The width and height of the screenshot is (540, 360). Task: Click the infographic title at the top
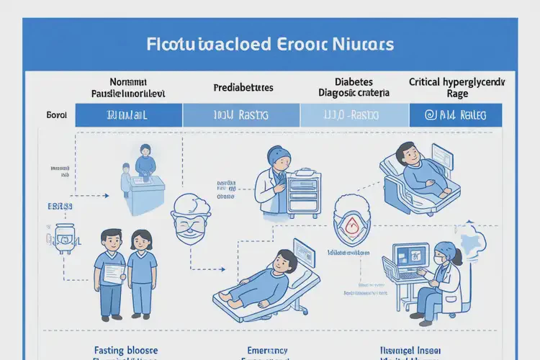click(269, 44)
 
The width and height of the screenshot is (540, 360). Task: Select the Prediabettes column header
click(243, 88)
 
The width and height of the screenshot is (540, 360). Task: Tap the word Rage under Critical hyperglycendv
click(457, 94)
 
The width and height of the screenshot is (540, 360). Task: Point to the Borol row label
click(56, 115)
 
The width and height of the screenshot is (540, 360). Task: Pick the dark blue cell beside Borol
click(129, 115)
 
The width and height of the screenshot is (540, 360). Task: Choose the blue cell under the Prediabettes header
click(241, 115)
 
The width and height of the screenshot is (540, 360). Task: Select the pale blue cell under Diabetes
click(354, 115)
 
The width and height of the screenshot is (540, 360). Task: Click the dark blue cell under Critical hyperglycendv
click(456, 115)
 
